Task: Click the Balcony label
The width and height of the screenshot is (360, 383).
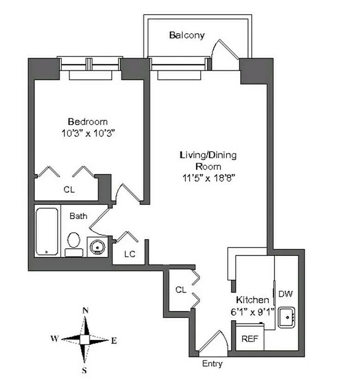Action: coord(186,36)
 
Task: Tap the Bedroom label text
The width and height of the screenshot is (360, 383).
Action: coord(88,122)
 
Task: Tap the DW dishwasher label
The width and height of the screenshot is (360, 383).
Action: coord(286,293)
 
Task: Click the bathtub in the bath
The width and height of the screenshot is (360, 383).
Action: coord(48,232)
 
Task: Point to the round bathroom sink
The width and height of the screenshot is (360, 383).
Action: coord(97,247)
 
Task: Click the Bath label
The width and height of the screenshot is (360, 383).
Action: coord(78,215)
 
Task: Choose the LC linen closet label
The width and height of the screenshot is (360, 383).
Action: coord(130,254)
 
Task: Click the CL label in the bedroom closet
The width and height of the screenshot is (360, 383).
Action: coord(69,189)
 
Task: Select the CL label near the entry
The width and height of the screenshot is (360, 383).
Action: coord(180,290)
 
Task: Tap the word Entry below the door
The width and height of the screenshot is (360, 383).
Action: coord(212,364)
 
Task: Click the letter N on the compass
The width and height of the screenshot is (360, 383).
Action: coord(85,310)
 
